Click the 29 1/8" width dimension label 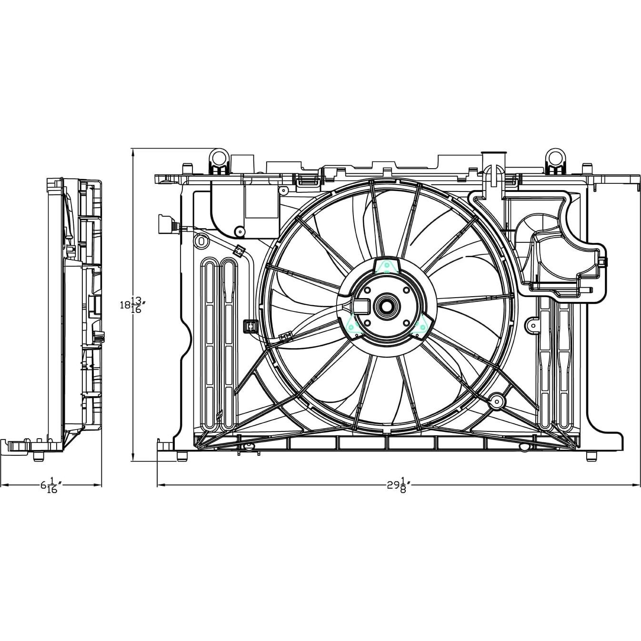click(398, 486)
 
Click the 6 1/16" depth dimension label click(51, 486)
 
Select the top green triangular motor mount click(387, 266)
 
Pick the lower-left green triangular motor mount click(353, 325)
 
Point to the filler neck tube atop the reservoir click(494, 160)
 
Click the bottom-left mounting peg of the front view click(181, 456)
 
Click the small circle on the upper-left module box click(239, 232)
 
